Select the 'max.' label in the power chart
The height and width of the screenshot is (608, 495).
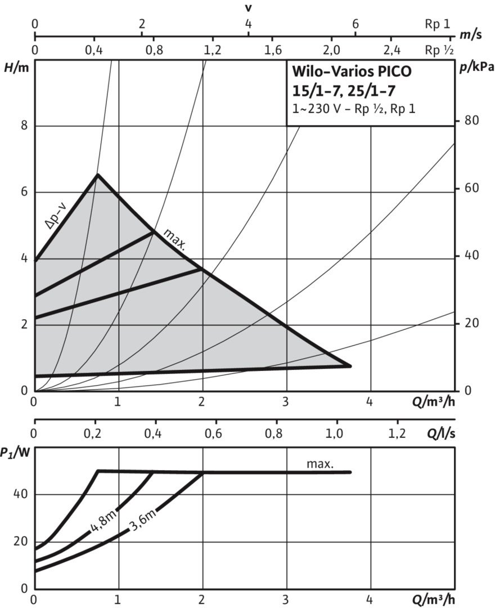click(320, 464)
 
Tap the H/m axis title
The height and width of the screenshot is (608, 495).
click(15, 68)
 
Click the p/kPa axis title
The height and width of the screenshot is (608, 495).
click(476, 68)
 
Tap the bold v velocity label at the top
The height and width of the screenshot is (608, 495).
click(248, 9)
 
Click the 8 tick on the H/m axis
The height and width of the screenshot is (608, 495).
click(24, 126)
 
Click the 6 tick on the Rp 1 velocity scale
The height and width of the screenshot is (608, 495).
click(355, 24)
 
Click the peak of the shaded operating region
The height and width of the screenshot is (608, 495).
click(97, 175)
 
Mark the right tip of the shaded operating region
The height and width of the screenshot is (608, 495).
click(350, 366)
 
